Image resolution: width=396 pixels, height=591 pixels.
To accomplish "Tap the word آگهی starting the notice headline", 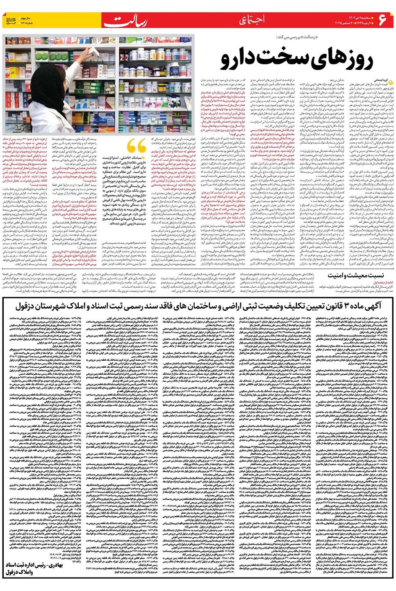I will pos(372,306).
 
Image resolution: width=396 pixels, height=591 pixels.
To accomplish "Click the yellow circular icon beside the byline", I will pos(390,81).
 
